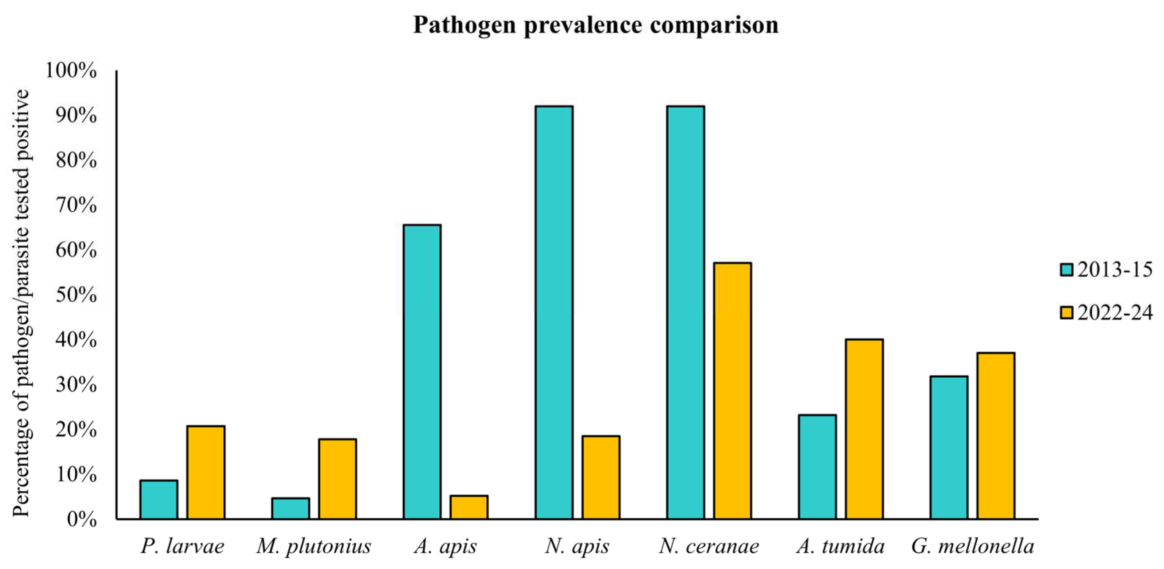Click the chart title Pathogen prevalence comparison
tap(595, 25)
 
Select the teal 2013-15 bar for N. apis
tap(554, 312)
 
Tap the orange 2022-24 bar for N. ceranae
tap(732, 391)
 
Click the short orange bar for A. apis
tap(469, 507)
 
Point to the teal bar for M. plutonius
tap(291, 508)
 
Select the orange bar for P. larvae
tap(206, 472)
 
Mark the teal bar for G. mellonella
tap(949, 447)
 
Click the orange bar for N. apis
tap(600, 477)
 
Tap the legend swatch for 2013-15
tap(1066, 270)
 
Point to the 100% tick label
tap(71, 70)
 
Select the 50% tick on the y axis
tap(76, 295)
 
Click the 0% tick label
tap(81, 519)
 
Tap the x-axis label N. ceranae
tap(709, 546)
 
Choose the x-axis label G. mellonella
tap(972, 546)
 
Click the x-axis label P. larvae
tap(182, 546)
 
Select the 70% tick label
tap(76, 205)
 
